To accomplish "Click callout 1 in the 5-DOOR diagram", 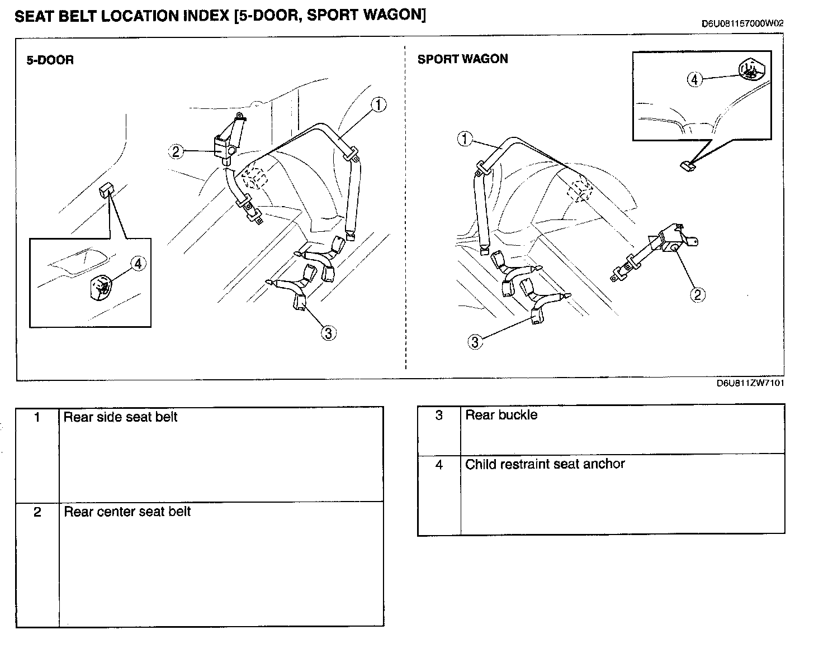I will point(378,104).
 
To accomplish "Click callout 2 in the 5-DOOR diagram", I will point(176,151).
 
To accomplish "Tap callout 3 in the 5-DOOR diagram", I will point(328,333).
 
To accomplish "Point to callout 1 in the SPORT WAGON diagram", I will point(465,139).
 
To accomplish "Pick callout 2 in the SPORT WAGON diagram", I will point(697,294).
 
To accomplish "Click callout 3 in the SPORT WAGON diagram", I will point(475,341).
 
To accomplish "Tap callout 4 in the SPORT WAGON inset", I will point(694,79).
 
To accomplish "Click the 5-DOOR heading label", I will point(50,60).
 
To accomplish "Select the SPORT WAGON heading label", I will point(462,59).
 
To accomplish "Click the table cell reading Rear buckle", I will point(501,415).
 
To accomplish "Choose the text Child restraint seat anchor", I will point(545,464).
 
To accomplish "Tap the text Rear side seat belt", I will point(120,417).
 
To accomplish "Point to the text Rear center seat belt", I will point(127,512).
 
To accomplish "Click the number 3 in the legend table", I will point(439,415).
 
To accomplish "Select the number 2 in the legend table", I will point(37,512).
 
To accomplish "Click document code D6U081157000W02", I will point(742,23).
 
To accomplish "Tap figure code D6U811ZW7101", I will point(750,383).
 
